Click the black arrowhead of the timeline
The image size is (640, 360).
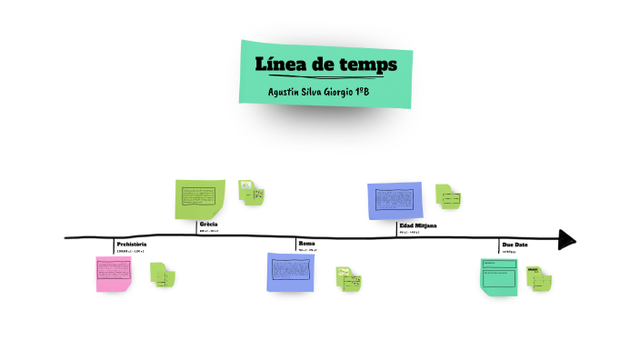[567, 239]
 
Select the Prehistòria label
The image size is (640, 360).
[132, 245]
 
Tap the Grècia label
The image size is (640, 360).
[208, 224]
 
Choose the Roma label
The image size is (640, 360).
[306, 244]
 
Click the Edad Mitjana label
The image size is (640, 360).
[418, 225]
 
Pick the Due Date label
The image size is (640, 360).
[515, 245]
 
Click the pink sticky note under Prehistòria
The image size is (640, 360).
[114, 273]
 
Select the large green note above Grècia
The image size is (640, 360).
[200, 197]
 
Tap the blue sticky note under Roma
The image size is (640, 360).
[292, 272]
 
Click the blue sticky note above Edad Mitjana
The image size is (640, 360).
[395, 199]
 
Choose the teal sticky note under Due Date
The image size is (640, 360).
[499, 275]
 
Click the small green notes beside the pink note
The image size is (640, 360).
[163, 274]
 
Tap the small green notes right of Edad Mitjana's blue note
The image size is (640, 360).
[448, 195]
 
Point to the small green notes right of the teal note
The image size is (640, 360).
[540, 278]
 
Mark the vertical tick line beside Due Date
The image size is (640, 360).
[499, 247]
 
